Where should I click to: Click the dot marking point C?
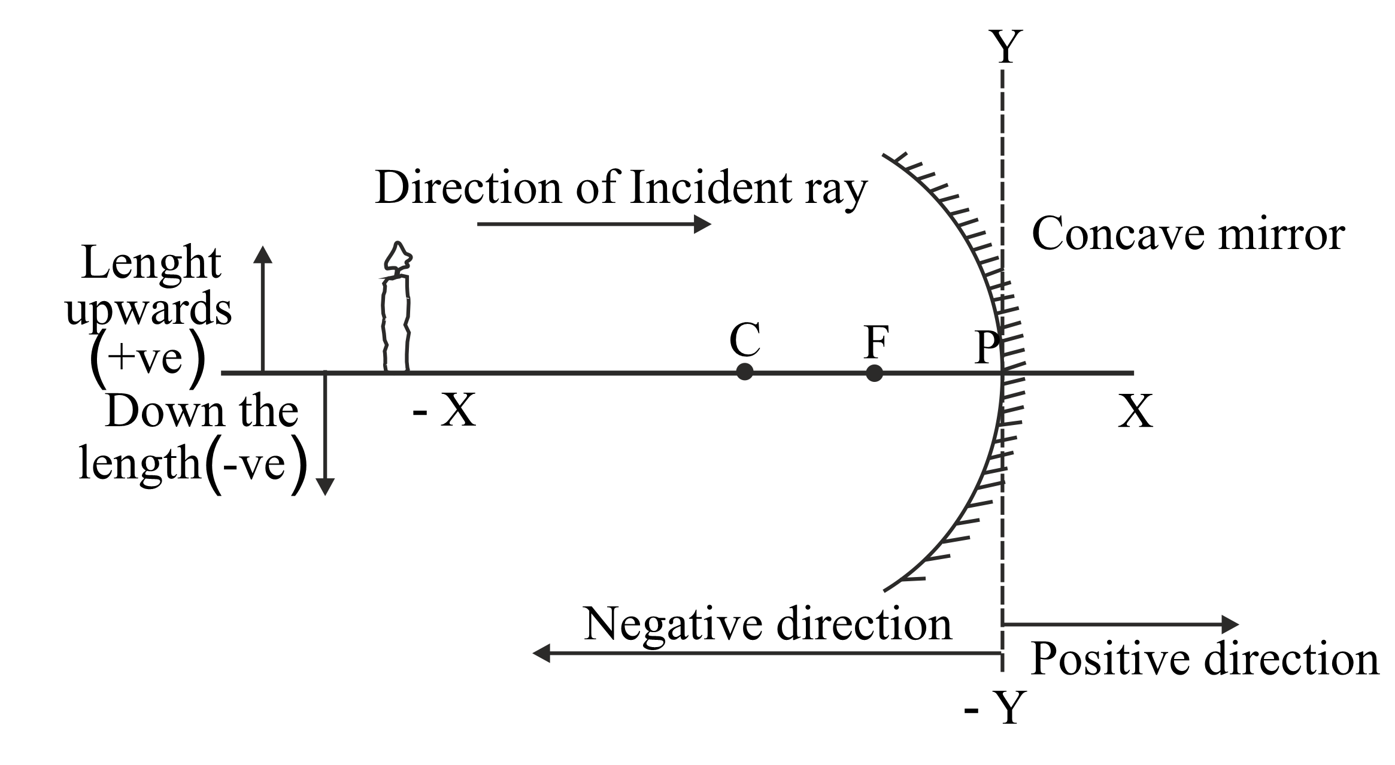pyautogui.click(x=744, y=372)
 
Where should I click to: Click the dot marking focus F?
pyautogui.click(x=875, y=373)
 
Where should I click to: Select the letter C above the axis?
pyautogui.click(x=745, y=339)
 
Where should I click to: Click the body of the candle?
pyautogui.click(x=396, y=323)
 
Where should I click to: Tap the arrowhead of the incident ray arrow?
pyautogui.click(x=703, y=224)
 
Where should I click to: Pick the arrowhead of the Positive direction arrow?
pyautogui.click(x=1230, y=624)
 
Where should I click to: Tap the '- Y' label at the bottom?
pyautogui.click(x=994, y=708)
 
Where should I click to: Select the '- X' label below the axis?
pyautogui.click(x=444, y=411)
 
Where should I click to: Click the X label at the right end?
pyautogui.click(x=1135, y=411)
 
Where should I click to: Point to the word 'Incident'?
pyautogui.click(x=711, y=187)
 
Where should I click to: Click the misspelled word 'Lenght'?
pyautogui.click(x=151, y=263)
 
